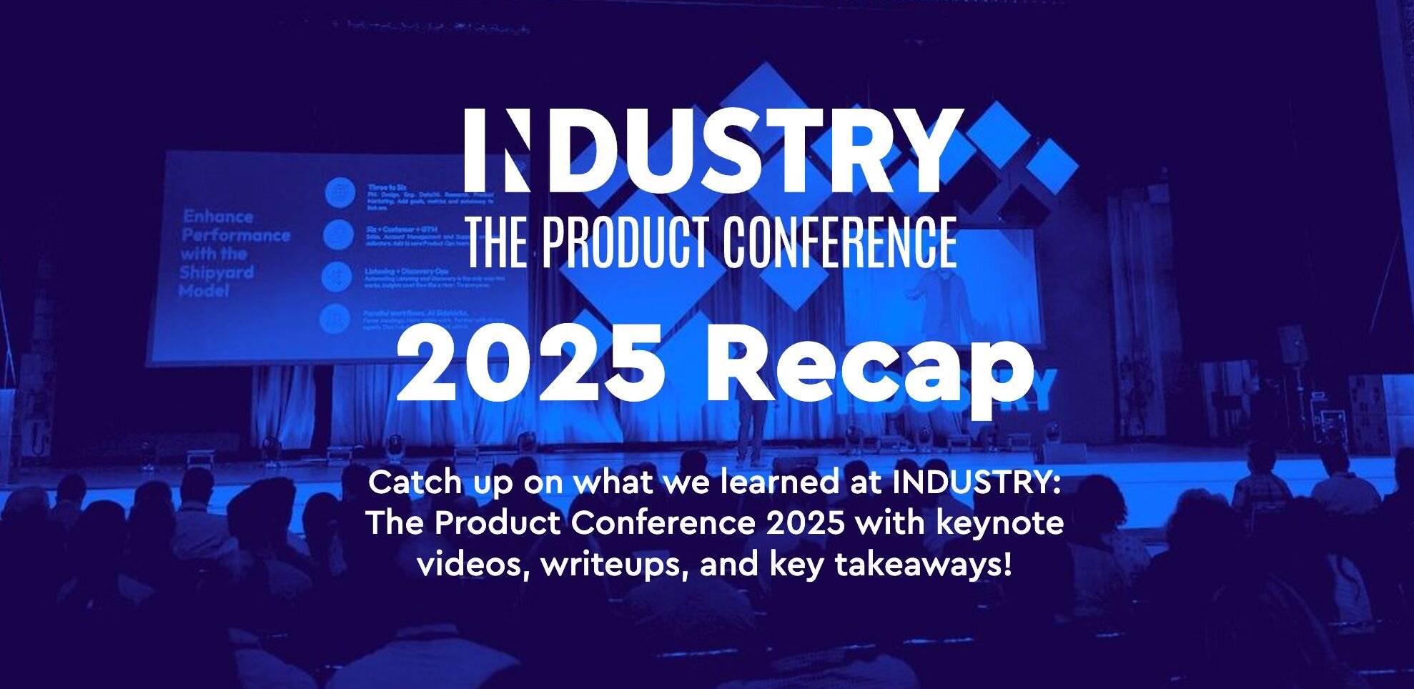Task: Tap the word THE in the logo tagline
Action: tap(497, 242)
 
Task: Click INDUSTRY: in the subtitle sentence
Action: tap(976, 482)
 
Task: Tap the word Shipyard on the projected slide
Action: tap(217, 273)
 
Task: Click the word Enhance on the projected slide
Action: tap(218, 217)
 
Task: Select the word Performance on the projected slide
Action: tap(235, 235)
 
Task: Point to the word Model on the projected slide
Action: tap(204, 291)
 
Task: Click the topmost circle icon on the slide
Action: tap(340, 192)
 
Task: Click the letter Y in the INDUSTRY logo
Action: tap(928, 151)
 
